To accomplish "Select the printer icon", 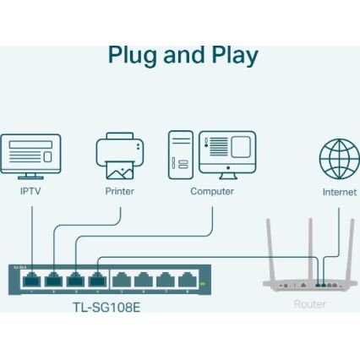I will pos(120,156).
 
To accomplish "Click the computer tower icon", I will pos(181,154).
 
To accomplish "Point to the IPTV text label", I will pos(30,192).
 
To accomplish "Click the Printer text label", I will pos(120,192).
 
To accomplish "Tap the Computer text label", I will pos(212,192).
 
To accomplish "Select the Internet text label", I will pos(339,193).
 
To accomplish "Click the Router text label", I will pos(310,303).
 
